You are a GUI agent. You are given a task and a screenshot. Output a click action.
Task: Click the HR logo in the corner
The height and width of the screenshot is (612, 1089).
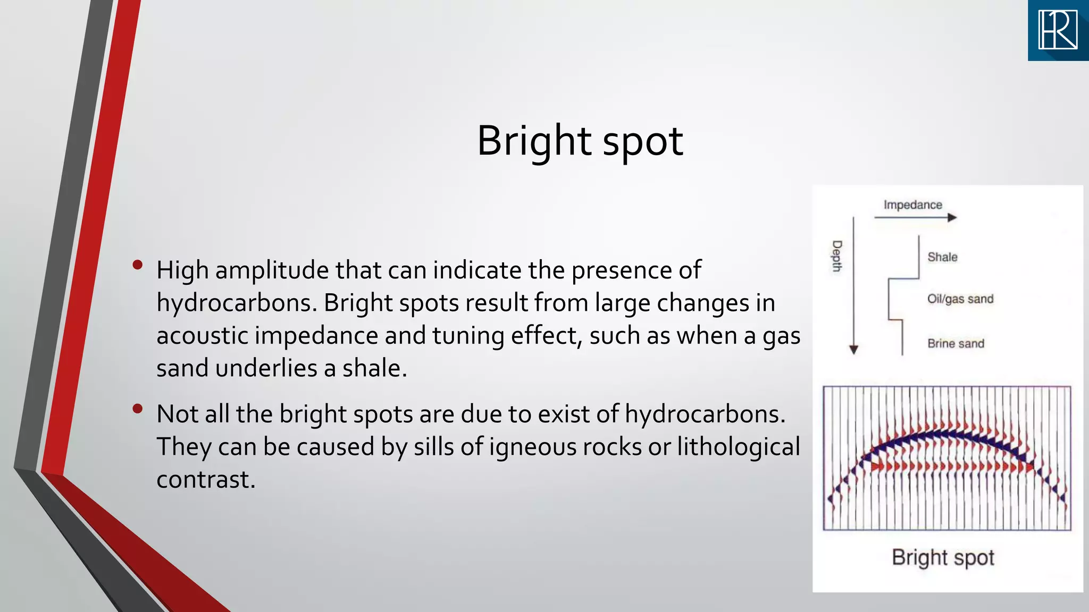tap(1058, 30)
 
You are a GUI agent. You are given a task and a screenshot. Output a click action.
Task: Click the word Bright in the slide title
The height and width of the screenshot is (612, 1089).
tap(534, 141)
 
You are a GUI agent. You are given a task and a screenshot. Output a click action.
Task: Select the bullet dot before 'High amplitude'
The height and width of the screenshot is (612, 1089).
tap(138, 265)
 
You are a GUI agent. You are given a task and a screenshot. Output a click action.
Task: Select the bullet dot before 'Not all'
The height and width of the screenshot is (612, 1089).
tap(138, 409)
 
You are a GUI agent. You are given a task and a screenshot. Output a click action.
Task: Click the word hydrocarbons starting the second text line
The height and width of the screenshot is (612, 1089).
tap(233, 303)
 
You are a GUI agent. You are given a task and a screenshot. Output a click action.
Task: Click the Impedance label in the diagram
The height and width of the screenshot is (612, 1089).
tap(912, 205)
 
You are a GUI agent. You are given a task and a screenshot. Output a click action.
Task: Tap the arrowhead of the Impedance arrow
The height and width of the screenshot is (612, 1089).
tap(952, 217)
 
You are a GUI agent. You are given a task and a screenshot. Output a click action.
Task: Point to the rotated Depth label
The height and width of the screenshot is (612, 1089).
tap(837, 256)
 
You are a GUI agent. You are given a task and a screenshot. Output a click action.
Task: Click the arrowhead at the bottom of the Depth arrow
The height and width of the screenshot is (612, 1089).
tap(853, 350)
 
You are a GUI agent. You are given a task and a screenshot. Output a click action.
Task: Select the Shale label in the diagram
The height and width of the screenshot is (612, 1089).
tap(942, 257)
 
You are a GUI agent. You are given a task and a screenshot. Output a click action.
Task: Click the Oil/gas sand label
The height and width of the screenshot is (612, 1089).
tap(960, 299)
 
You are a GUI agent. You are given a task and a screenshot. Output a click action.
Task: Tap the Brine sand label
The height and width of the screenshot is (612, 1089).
tap(956, 344)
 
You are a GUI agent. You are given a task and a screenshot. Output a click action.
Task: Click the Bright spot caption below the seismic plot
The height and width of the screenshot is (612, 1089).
tap(943, 557)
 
